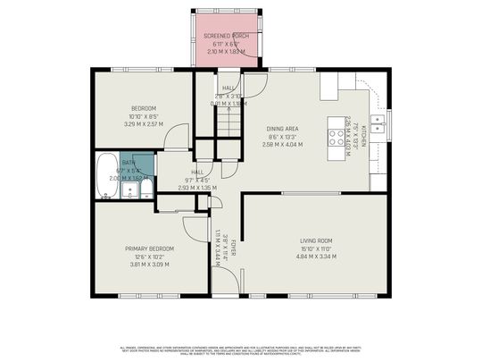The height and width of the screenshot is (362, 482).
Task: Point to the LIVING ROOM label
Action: click(x=315, y=240)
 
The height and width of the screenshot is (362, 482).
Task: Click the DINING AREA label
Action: click(x=283, y=129)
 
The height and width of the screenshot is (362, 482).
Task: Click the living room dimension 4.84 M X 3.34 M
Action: click(x=315, y=257)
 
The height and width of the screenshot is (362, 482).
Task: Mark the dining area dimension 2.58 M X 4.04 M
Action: click(x=283, y=145)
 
